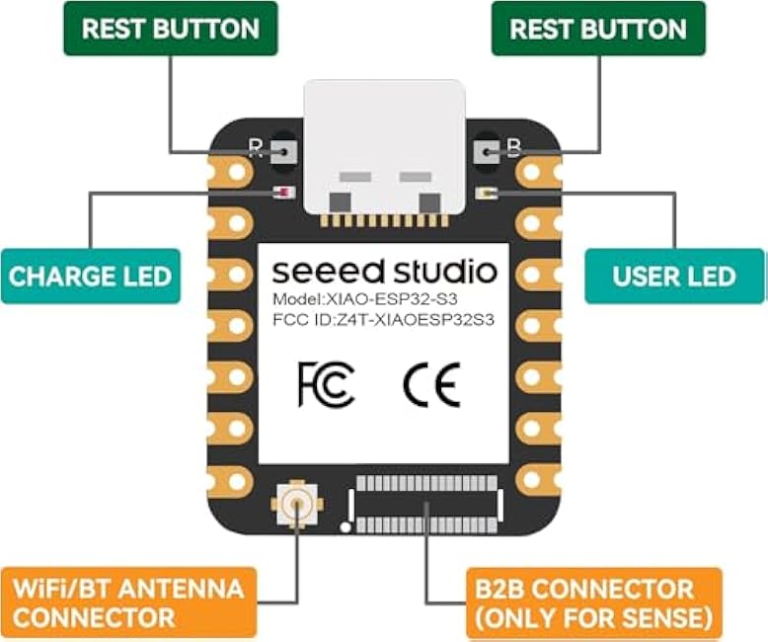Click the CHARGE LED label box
point(91,277)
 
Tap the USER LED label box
point(674,277)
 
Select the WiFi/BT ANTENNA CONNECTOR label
point(128,602)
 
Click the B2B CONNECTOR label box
point(593,603)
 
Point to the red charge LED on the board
point(284,193)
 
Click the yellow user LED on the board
point(487,193)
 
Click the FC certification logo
point(326,385)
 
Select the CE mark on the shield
point(432,385)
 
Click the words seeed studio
point(384,272)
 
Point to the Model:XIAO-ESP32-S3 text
point(365,299)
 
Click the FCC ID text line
point(384,320)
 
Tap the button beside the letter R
point(283,152)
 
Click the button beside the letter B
point(486,152)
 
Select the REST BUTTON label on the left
point(171,29)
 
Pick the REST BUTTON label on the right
point(598,29)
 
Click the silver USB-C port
point(384,147)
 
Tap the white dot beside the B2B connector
point(346,527)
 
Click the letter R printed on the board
point(256,148)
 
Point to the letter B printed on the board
point(514,148)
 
